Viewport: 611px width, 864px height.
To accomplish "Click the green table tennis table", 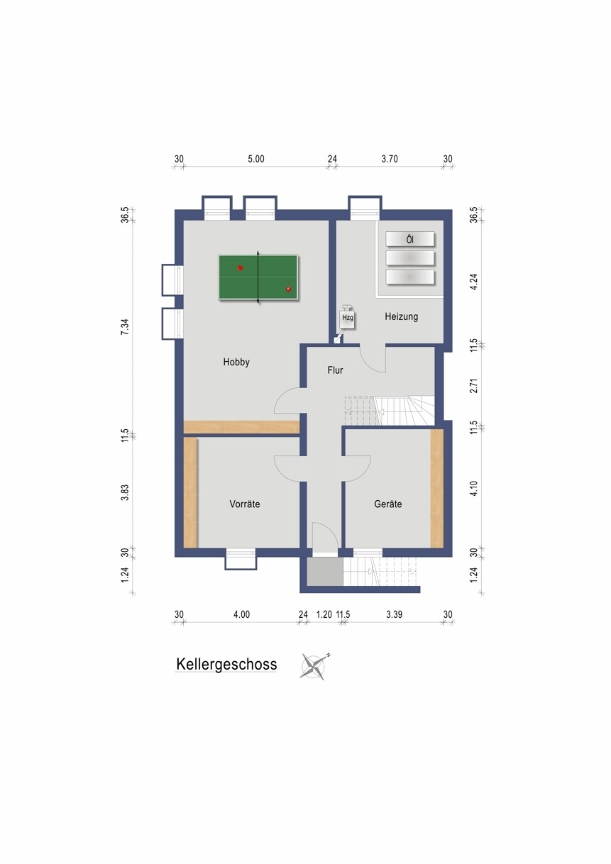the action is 258,277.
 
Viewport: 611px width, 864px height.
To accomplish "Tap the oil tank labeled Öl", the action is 410,239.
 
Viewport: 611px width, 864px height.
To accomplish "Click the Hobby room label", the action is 236,362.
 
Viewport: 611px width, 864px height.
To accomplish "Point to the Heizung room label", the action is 402,316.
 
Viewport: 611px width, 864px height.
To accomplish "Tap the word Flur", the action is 335,370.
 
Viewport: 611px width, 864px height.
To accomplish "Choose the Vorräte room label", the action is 245,504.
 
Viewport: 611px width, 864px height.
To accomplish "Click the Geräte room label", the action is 388,504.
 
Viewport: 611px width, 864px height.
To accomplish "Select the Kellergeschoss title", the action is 226,664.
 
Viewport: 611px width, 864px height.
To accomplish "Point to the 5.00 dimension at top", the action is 256,159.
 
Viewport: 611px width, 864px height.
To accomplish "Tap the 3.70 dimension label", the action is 390,159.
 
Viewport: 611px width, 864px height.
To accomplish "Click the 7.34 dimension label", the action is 126,327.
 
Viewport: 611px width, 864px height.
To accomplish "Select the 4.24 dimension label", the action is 474,282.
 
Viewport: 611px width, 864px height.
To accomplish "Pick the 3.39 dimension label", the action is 394,614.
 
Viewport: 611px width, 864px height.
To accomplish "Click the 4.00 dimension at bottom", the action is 241,614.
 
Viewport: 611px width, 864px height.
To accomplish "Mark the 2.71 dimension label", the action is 474,386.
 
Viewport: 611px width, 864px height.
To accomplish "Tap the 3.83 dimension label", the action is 126,492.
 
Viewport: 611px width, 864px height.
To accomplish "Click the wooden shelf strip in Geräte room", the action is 437,488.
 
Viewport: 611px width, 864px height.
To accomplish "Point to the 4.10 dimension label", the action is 474,488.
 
